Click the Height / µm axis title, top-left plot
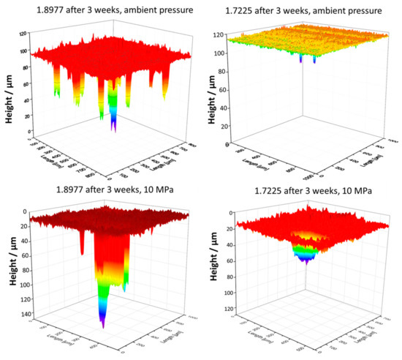click(10, 91)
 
